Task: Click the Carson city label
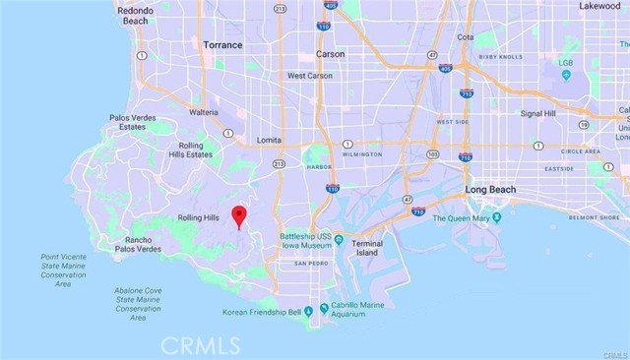330,54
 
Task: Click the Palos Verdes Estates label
132,123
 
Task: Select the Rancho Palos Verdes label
136,245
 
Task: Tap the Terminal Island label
367,247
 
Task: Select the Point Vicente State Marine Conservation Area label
64,270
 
